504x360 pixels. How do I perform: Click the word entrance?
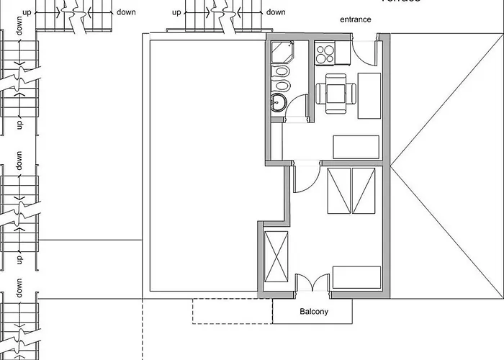(x=356, y=19)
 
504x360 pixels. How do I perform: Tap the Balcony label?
(x=313, y=312)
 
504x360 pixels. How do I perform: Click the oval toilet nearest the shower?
(x=282, y=73)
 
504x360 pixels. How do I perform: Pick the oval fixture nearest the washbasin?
(x=282, y=86)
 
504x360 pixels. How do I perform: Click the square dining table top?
(x=336, y=92)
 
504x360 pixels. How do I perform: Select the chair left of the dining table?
(x=321, y=93)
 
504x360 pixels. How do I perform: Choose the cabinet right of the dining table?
(x=369, y=96)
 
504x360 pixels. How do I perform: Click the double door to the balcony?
(x=312, y=282)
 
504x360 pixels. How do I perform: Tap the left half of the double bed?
(x=338, y=190)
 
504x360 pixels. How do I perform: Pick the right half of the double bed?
(x=363, y=190)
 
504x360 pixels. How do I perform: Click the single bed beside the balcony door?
(x=356, y=277)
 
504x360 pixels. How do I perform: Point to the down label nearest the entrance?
(x=276, y=12)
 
